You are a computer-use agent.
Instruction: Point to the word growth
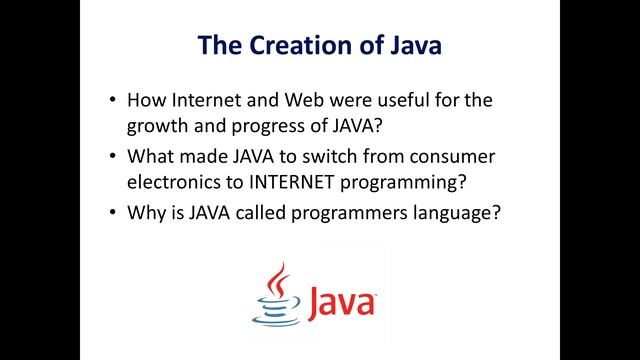tap(158, 127)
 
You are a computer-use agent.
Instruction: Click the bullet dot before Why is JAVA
tap(112, 214)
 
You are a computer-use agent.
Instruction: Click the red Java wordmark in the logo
tap(339, 301)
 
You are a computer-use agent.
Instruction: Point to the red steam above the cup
tap(277, 278)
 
